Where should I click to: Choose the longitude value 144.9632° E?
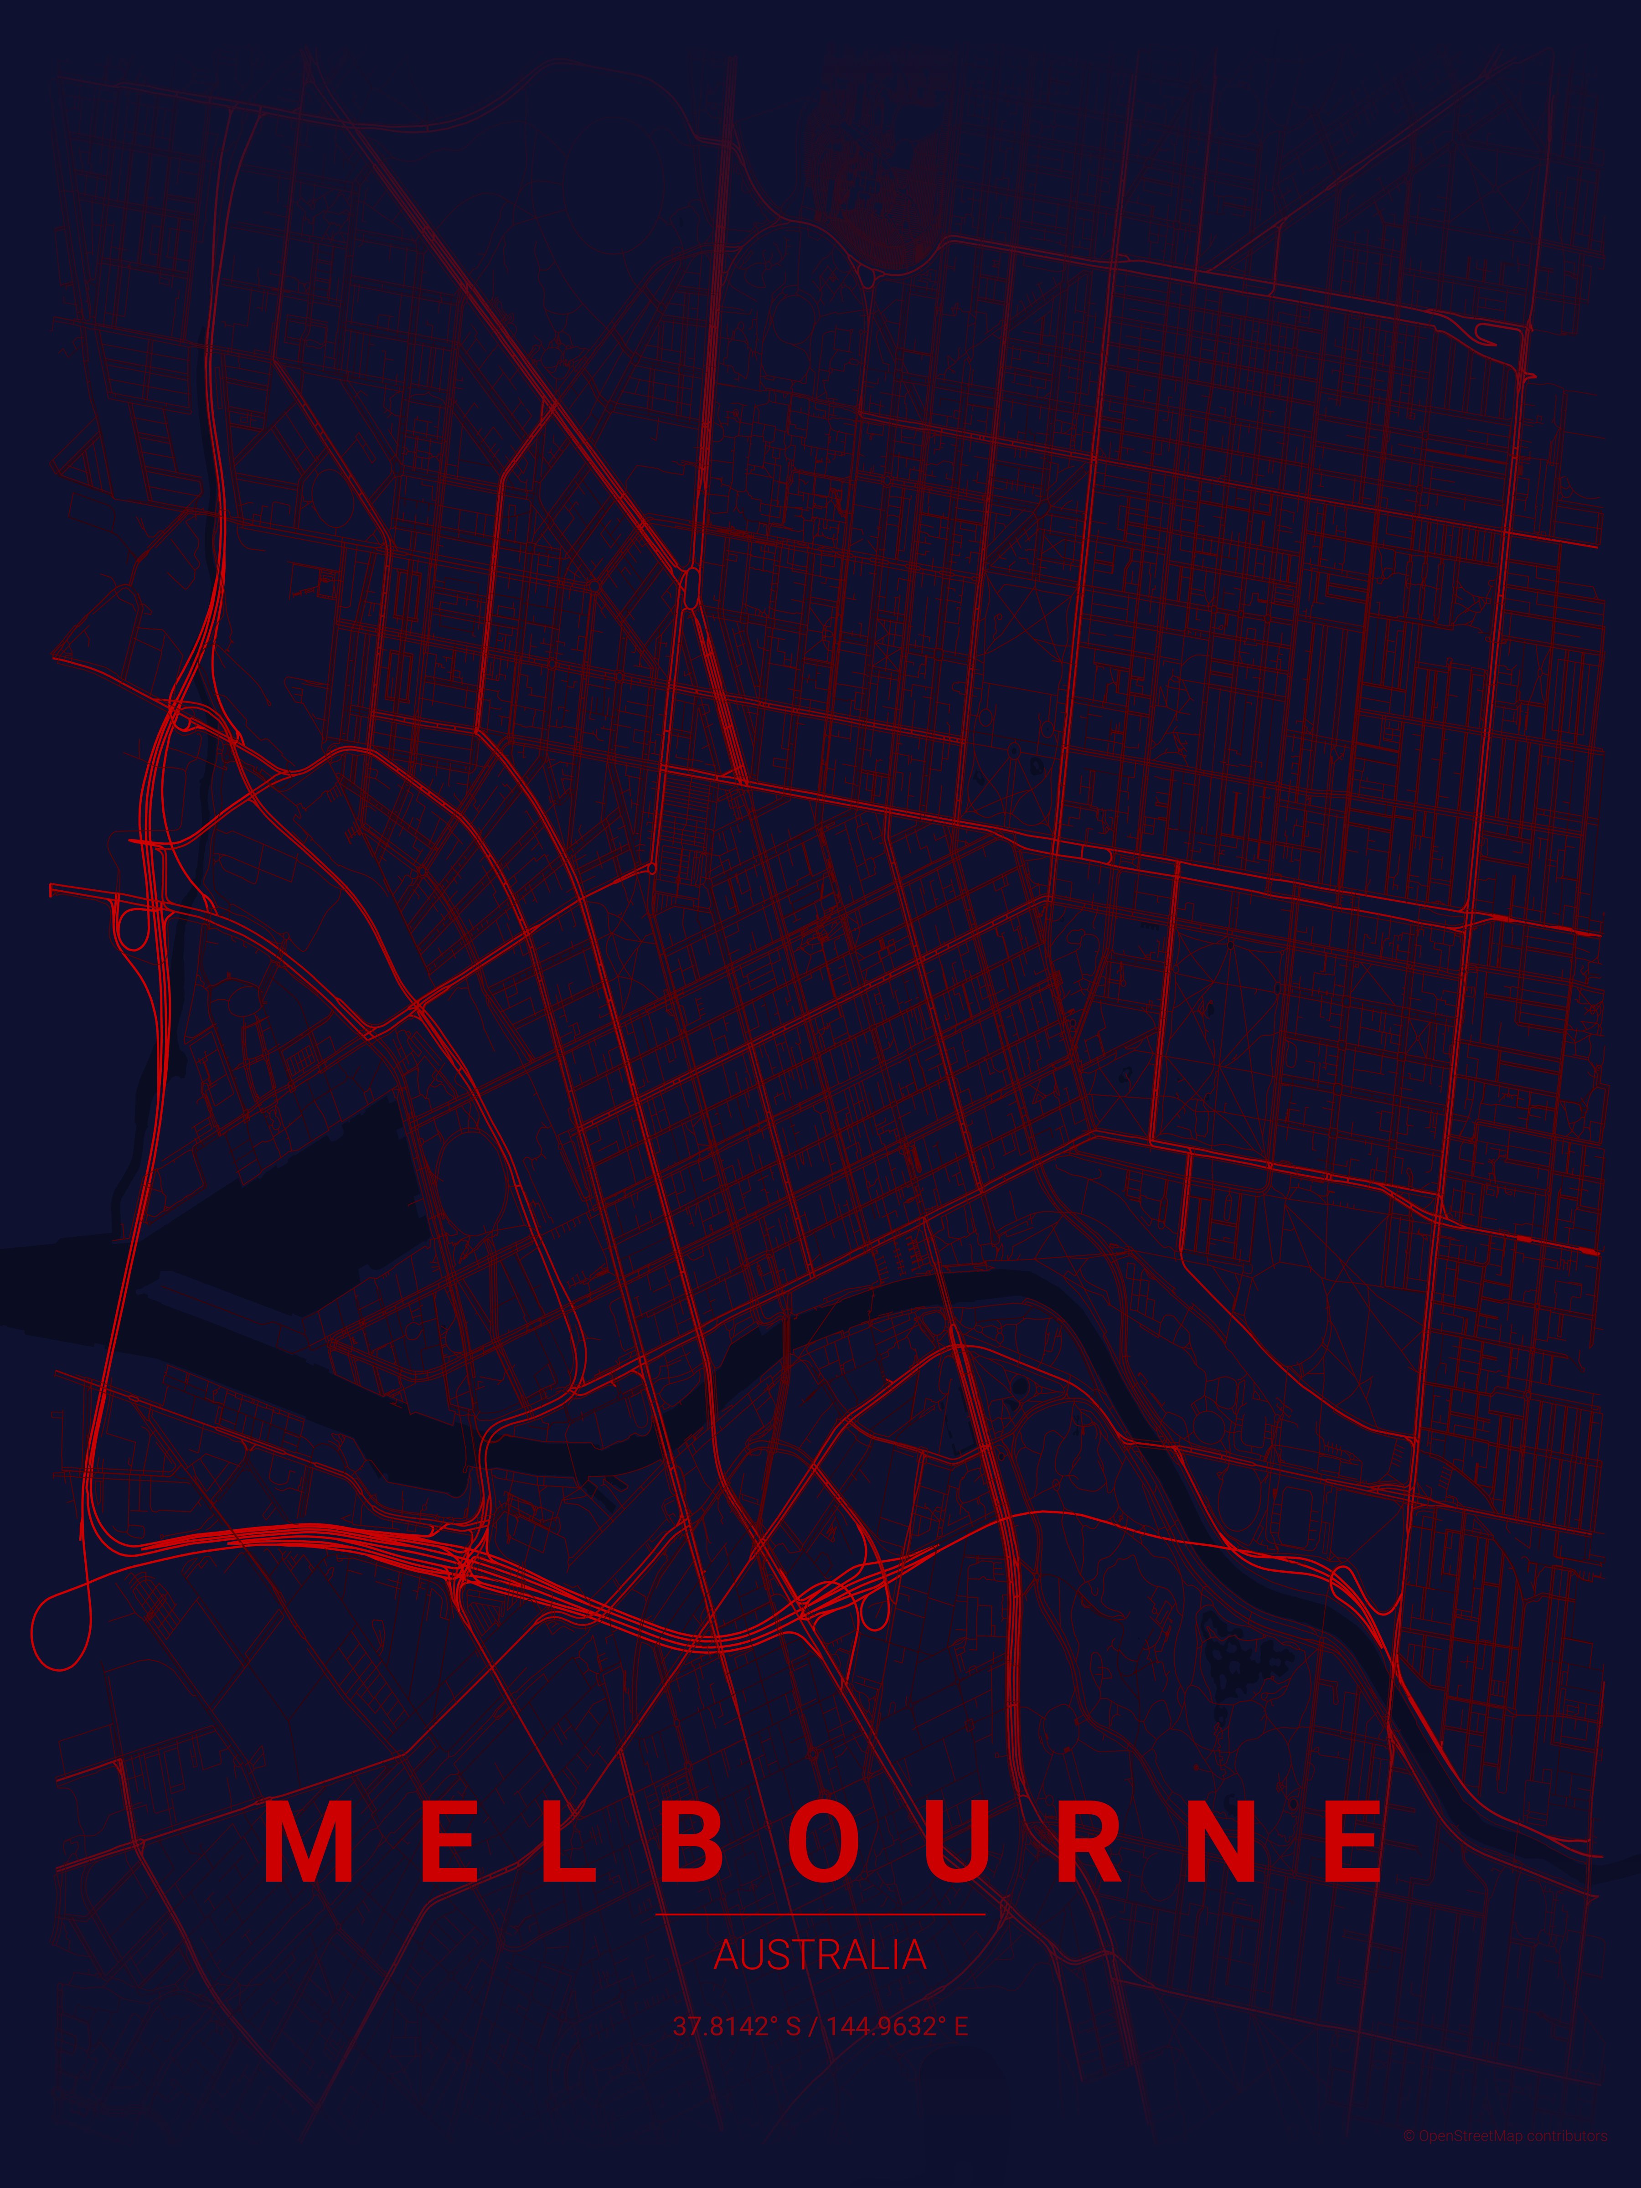pos(897,2027)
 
